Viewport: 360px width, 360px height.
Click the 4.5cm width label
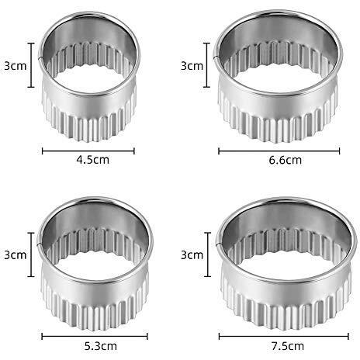pyautogui.click(x=93, y=160)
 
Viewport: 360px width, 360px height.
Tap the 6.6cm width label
pyautogui.click(x=286, y=160)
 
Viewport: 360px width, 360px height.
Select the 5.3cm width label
pyautogui.click(x=101, y=346)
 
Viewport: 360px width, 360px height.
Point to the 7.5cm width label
pyautogui.click(x=288, y=346)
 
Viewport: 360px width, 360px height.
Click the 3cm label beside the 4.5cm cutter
pyautogui.click(x=16, y=66)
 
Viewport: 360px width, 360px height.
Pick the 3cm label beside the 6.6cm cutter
pyautogui.click(x=192, y=66)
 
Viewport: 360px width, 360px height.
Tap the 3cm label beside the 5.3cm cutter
pyautogui.click(x=16, y=255)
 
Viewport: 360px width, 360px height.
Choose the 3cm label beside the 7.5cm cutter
pyautogui.click(x=192, y=255)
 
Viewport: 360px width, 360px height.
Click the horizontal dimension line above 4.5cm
pyautogui.click(x=88, y=151)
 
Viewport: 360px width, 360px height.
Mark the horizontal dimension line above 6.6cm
pyautogui.click(x=279, y=151)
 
